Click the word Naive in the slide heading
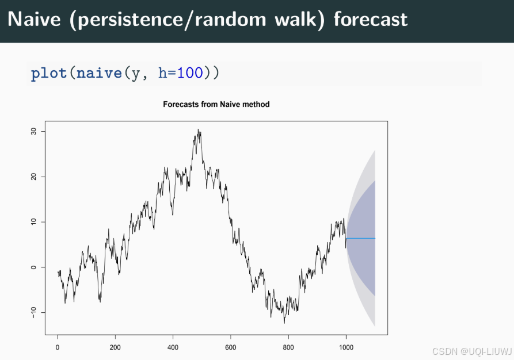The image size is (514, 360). (x=33, y=20)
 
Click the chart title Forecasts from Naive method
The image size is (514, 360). (x=216, y=105)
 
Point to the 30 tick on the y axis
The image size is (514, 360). (x=33, y=131)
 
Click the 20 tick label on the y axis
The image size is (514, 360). (x=33, y=177)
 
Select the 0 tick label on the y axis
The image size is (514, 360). (x=33, y=267)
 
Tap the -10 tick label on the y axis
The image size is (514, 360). (x=33, y=312)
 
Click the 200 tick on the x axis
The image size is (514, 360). (x=115, y=347)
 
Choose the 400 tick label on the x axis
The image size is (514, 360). (x=173, y=347)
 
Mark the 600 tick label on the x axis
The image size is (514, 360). (x=230, y=347)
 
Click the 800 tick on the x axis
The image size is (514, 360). (x=288, y=347)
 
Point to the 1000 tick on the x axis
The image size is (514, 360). (x=345, y=347)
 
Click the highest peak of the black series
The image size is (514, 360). (x=199, y=131)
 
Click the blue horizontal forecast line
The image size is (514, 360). (x=361, y=238)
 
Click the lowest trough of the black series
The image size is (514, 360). (x=284, y=321)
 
